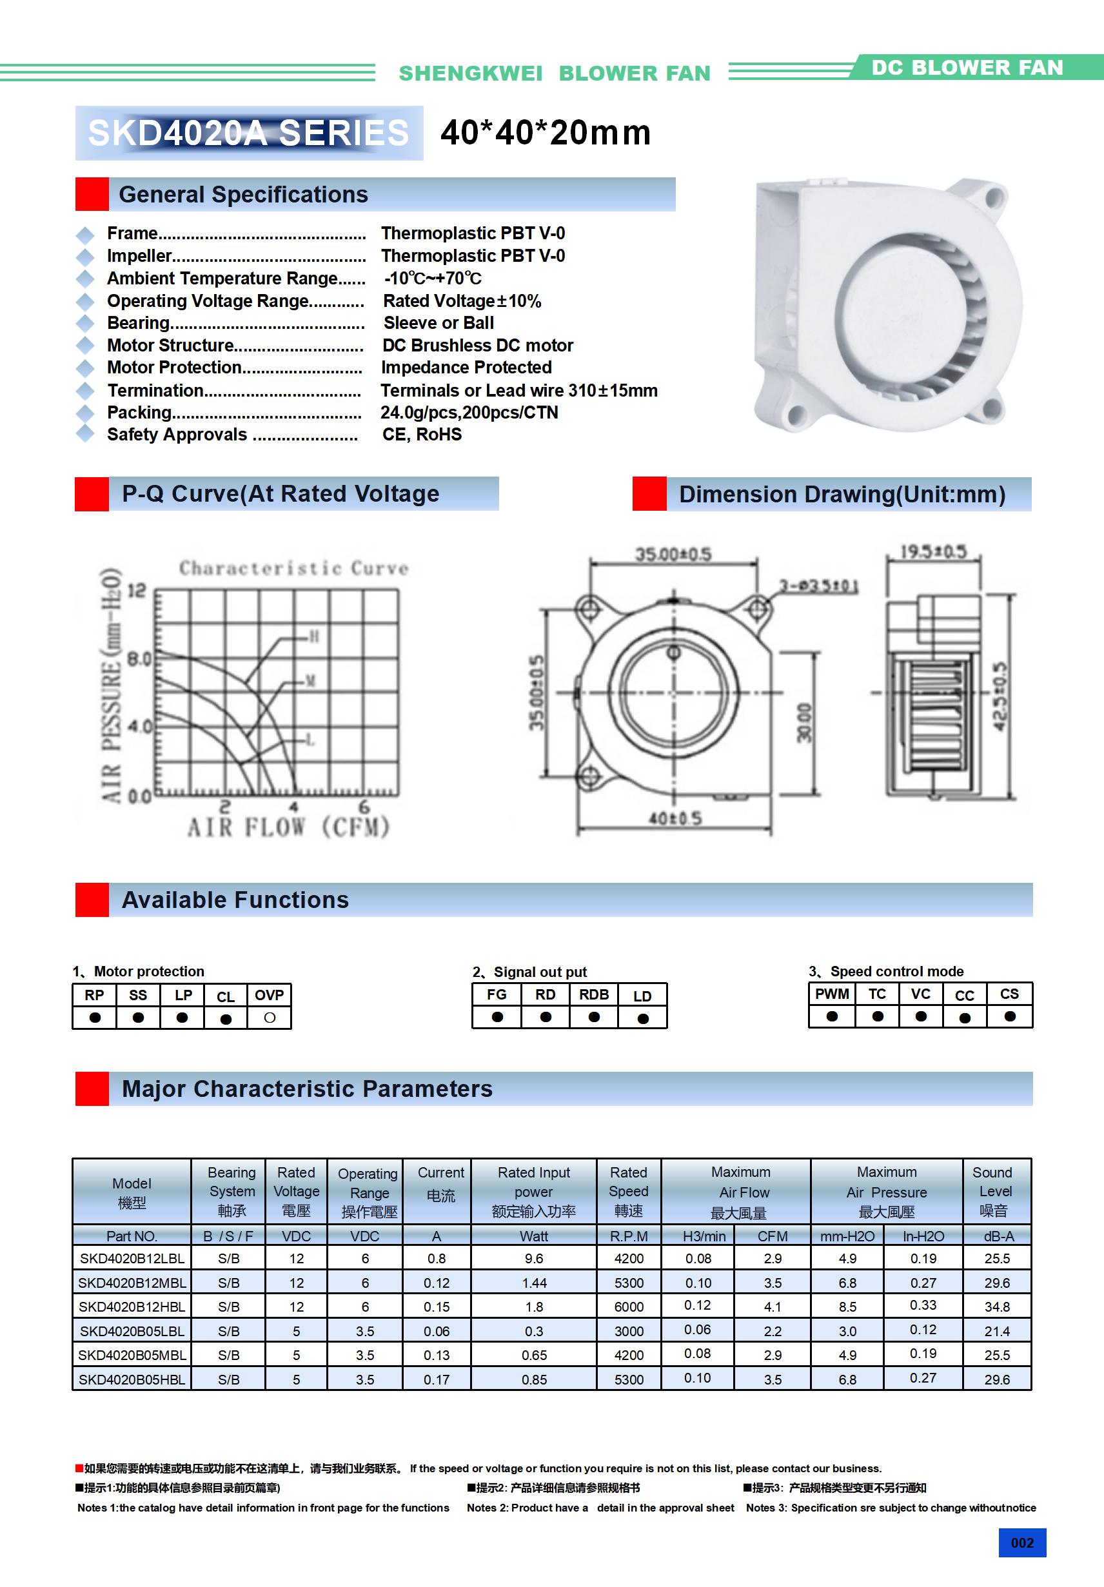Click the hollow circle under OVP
pos(270,1018)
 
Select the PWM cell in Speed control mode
pos(832,994)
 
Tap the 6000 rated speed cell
pos(628,1306)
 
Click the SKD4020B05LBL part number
pos(132,1330)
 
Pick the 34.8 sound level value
pos(997,1306)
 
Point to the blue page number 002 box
pos(1021,1543)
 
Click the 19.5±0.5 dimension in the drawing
pos(932,551)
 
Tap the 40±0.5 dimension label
pos(675,818)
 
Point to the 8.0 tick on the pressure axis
pos(139,658)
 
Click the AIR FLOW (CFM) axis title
pos(288,827)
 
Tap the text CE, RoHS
pos(422,434)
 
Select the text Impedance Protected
pos(466,367)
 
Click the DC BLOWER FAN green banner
pos(967,68)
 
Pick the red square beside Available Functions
pos(92,899)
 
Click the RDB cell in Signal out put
pos(594,994)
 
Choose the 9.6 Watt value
pos(534,1259)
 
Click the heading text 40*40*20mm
pos(546,133)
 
